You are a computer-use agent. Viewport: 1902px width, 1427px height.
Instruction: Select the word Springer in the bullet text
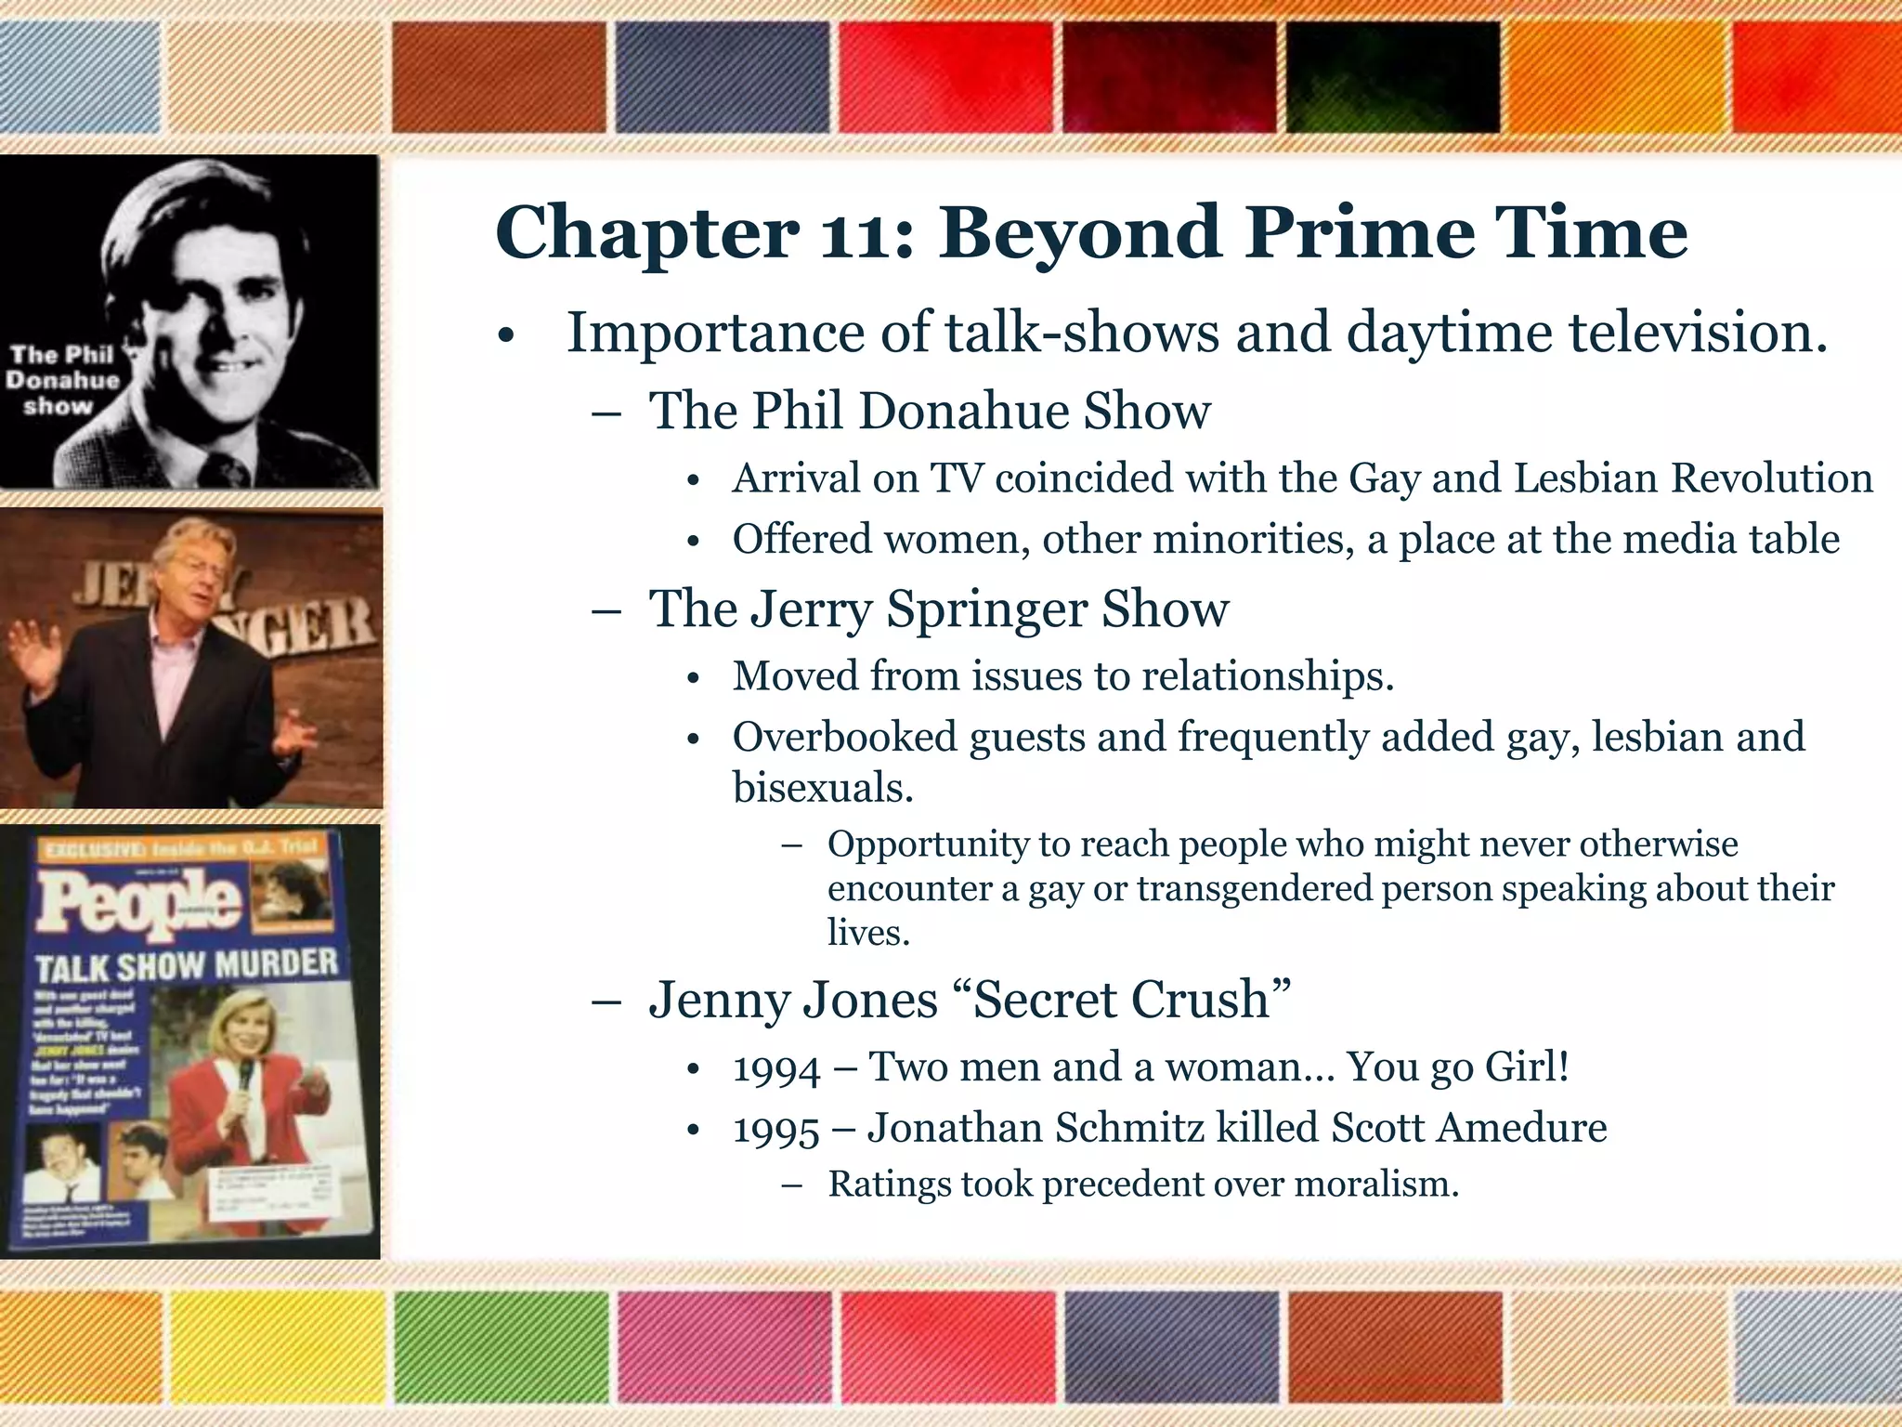click(x=986, y=609)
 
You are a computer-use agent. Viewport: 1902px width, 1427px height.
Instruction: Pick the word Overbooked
click(x=844, y=738)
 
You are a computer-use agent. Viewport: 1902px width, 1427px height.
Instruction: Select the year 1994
click(x=776, y=1068)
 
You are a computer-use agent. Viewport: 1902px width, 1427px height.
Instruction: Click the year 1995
click(x=776, y=1130)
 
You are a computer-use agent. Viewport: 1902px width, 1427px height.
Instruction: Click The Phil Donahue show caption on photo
click(x=63, y=380)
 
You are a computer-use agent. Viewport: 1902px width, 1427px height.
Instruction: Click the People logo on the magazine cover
click(x=139, y=903)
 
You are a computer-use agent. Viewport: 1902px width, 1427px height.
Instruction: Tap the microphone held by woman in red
click(x=246, y=1077)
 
